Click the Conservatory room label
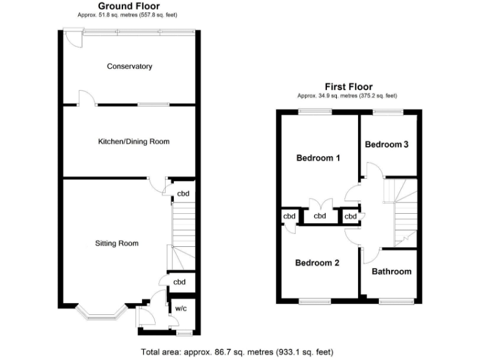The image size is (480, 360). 129,66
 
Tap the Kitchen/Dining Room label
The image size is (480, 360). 134,142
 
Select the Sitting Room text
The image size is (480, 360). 117,243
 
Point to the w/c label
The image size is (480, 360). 180,308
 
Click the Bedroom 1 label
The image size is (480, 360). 317,158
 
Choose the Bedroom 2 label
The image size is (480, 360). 317,263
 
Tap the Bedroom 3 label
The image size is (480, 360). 387,144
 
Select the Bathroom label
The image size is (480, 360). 391,271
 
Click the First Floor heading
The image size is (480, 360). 348,87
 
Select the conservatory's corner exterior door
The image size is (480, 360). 73,39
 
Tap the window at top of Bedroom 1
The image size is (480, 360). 315,112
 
